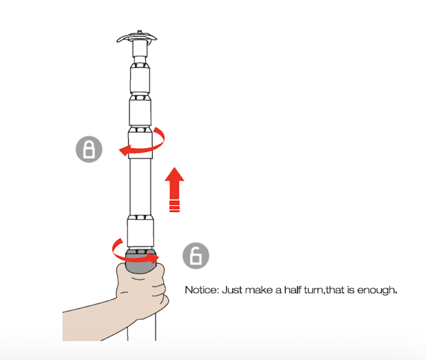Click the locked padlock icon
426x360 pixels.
point(89,149)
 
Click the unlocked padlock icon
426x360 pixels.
point(195,256)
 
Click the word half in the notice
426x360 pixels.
point(293,290)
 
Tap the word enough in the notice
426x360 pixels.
point(377,291)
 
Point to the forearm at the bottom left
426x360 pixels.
point(92,322)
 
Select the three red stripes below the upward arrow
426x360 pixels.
point(175,206)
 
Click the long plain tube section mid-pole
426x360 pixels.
point(140,186)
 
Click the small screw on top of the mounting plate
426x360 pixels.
point(139,32)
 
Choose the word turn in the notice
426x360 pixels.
point(314,291)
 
